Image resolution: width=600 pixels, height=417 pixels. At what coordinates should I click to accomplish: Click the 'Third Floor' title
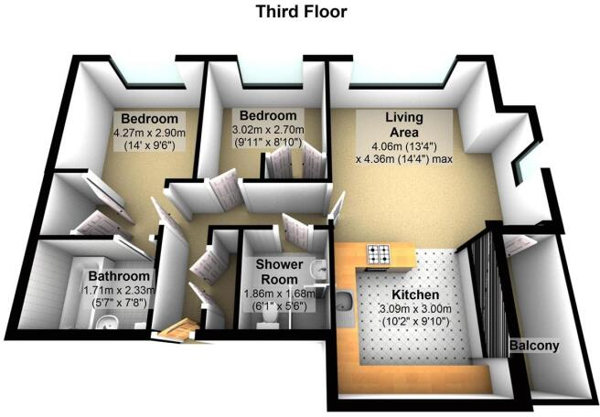[301, 12]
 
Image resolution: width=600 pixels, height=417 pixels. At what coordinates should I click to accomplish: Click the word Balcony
[535, 346]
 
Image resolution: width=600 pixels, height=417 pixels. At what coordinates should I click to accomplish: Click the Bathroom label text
[118, 276]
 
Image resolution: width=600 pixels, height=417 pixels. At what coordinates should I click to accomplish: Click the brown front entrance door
[177, 328]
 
